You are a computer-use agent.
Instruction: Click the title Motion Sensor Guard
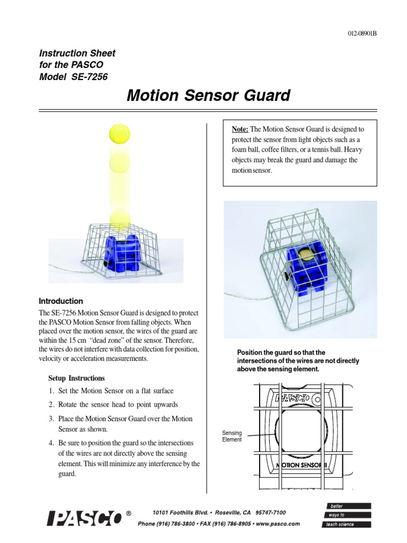click(x=209, y=95)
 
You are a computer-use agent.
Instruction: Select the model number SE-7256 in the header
click(x=87, y=76)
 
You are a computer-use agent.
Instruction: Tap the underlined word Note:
click(x=241, y=129)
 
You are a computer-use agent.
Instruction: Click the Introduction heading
click(x=61, y=301)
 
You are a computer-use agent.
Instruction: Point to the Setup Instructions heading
click(x=76, y=378)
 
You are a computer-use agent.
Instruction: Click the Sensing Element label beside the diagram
click(x=231, y=436)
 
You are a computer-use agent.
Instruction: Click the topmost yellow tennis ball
click(x=119, y=133)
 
